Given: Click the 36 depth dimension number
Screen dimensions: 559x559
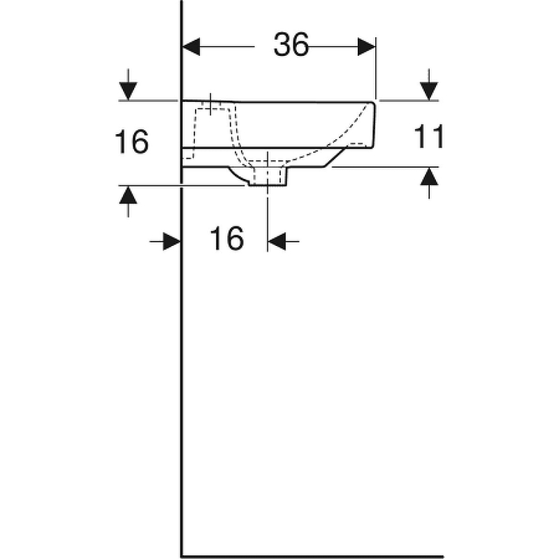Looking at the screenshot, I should click(291, 46).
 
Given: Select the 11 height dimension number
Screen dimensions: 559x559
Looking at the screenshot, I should click(429, 137).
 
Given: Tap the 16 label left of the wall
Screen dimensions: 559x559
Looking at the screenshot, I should click(131, 143).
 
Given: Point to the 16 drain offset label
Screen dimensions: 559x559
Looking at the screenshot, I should click(227, 239).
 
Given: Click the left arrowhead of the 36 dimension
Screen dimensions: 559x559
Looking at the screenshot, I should click(191, 47).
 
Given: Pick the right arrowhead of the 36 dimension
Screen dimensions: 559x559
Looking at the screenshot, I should click(367, 47).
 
